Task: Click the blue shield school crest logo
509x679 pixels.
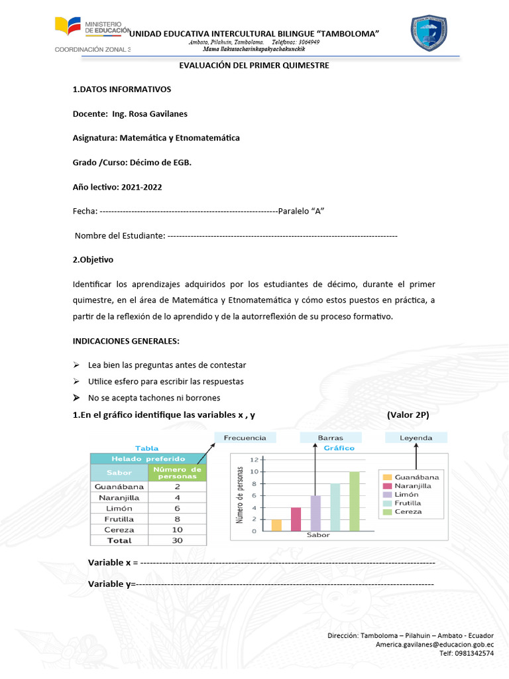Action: (429, 33)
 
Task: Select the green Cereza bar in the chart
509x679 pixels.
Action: (354, 501)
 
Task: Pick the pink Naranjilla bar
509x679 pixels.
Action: (296, 519)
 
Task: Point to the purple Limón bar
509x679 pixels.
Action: (315, 513)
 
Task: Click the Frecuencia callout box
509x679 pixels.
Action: (245, 438)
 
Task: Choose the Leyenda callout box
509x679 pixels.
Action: (416, 438)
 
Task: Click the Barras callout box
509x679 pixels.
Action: (330, 438)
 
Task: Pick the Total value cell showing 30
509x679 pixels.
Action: (177, 540)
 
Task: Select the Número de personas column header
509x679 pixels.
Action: (177, 472)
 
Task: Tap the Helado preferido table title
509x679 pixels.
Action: (148, 458)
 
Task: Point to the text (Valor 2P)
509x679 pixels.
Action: (408, 415)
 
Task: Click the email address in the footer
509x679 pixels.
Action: (434, 644)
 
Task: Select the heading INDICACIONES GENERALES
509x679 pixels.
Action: (126, 341)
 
